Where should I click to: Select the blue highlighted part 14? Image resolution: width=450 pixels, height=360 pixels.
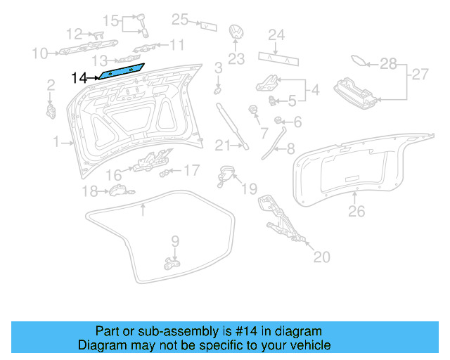(x=121, y=70)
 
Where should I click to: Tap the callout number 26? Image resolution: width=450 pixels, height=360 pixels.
(x=357, y=210)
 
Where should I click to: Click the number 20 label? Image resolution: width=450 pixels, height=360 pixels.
(x=321, y=257)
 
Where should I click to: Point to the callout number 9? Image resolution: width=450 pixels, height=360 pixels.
(x=176, y=240)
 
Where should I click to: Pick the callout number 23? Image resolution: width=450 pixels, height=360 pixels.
(x=236, y=58)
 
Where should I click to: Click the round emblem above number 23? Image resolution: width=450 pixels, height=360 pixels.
(x=236, y=34)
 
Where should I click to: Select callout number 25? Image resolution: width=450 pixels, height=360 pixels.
(x=180, y=20)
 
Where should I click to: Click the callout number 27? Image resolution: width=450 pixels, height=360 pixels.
(x=419, y=74)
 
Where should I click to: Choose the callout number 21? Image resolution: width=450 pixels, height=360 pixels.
(x=222, y=146)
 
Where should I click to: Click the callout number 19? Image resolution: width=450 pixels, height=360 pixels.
(x=250, y=188)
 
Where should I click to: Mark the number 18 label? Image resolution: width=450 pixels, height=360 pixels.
(x=89, y=191)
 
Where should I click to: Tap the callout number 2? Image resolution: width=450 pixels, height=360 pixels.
(x=51, y=85)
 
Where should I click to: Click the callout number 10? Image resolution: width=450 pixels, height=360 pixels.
(x=39, y=53)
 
